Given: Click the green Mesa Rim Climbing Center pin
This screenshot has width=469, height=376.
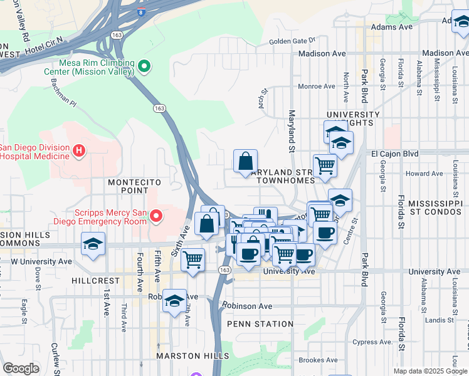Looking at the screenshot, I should (x=144, y=65).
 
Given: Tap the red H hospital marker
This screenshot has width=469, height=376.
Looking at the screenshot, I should (x=78, y=150).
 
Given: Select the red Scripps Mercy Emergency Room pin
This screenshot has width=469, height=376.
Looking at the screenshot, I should (x=155, y=217).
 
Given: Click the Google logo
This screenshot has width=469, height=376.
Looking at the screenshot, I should (x=21, y=368).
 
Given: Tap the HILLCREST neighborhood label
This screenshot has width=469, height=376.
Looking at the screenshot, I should (x=96, y=281).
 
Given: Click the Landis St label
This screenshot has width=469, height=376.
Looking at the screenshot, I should (x=435, y=319).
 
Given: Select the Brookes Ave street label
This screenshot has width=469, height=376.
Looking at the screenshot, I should (x=318, y=360).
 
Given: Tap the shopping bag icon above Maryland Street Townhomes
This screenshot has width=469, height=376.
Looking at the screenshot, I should (x=245, y=161).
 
